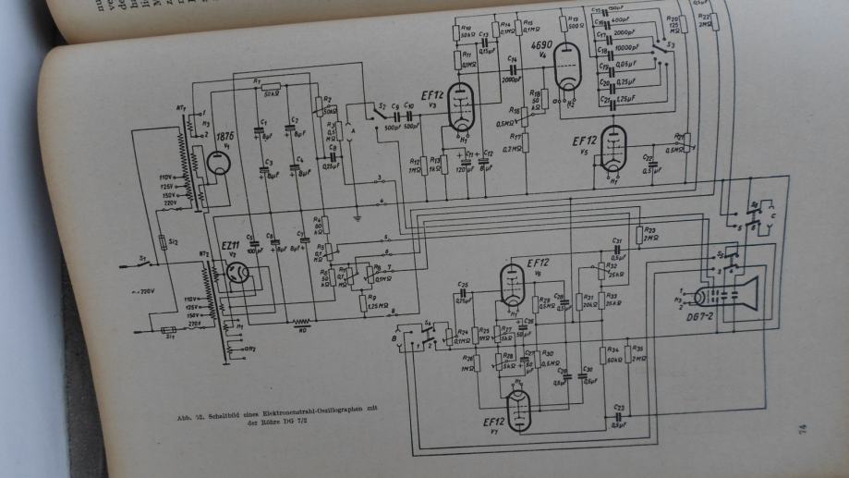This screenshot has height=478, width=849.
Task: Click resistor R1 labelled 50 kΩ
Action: (x=272, y=92)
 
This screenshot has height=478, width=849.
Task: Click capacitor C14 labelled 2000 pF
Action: (x=511, y=69)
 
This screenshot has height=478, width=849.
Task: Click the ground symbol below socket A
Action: (x=357, y=219)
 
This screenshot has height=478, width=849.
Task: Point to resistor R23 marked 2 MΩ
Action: (x=638, y=234)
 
